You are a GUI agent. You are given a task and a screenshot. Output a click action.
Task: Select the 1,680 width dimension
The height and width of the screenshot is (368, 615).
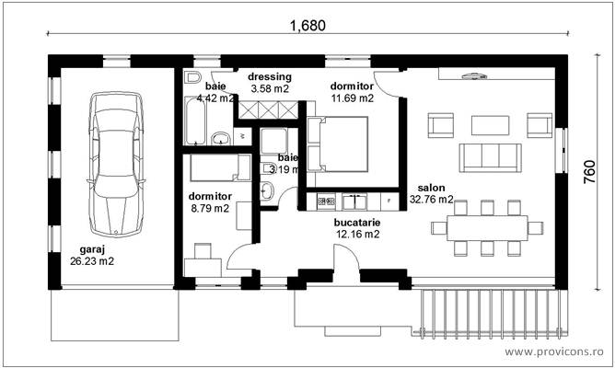(307, 26)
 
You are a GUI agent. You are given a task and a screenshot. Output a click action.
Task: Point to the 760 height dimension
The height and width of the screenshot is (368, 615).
(590, 171)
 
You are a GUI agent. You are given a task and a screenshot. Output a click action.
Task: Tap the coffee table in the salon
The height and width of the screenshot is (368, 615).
(488, 124)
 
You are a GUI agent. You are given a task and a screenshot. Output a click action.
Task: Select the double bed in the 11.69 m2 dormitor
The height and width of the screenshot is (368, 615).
(337, 144)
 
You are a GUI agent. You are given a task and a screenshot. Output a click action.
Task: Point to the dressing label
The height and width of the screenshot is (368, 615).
(270, 77)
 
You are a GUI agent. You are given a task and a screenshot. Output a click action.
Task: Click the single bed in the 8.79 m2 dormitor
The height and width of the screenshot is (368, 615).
(219, 167)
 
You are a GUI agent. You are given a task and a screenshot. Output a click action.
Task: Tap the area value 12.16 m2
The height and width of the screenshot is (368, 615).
(358, 235)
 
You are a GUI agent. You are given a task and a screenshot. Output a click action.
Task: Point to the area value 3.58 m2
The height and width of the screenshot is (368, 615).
(270, 89)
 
